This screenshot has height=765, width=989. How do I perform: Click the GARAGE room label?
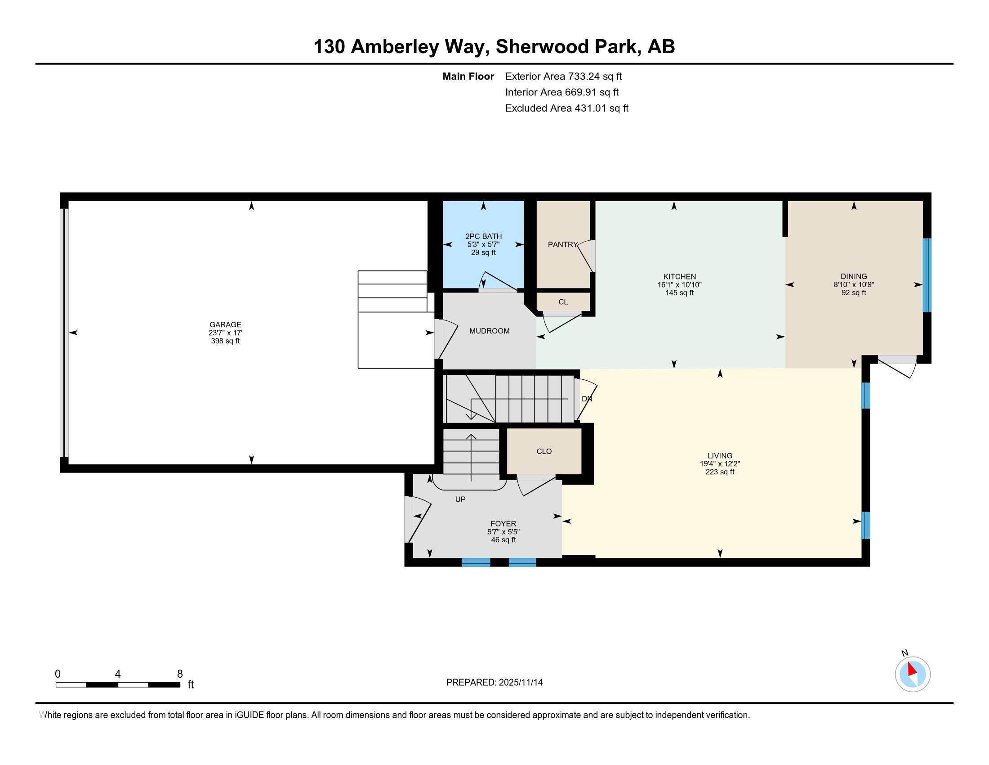coord(225,324)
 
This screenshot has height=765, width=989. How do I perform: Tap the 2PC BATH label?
coord(484,236)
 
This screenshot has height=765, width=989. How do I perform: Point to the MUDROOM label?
coord(490,331)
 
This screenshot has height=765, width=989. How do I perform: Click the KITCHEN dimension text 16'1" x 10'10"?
coord(679,284)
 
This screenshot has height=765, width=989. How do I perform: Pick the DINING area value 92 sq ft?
coord(854,293)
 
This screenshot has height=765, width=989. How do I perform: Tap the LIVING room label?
coord(720,455)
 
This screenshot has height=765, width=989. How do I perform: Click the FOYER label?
coord(503,523)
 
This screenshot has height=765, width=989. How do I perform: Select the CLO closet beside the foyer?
coord(544,451)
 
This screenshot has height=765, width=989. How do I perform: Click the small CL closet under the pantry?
coord(563,302)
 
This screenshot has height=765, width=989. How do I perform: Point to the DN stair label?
coord(587,399)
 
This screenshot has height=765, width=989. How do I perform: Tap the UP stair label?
coord(460,499)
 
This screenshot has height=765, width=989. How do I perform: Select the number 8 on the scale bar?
coord(180,674)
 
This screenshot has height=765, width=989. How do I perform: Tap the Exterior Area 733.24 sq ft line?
coord(563,76)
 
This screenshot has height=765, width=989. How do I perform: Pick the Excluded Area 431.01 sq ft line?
coord(567,108)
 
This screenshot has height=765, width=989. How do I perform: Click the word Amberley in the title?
coord(394,47)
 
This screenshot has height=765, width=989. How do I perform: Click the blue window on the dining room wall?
coord(927,275)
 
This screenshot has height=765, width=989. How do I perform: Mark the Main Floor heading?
coord(468,76)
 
